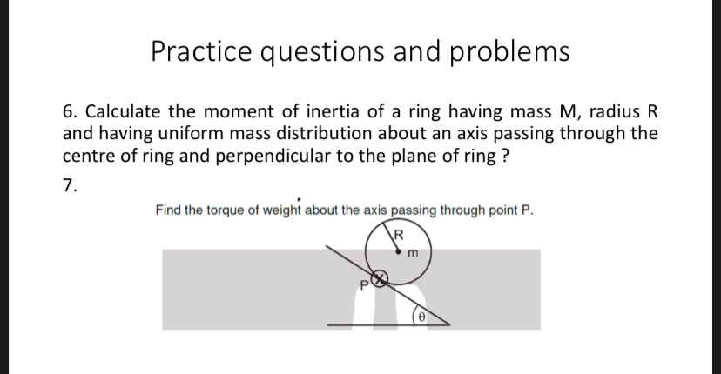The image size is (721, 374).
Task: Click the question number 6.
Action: [x=68, y=114]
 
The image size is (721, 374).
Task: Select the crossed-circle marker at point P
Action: [x=379, y=280]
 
